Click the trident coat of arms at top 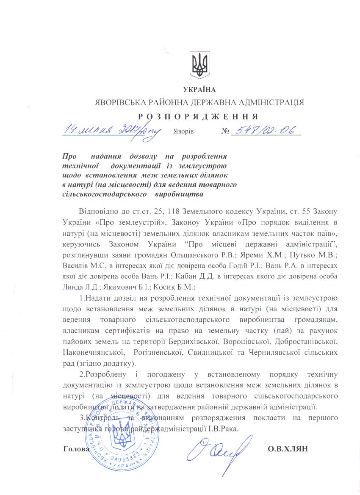point(199,65)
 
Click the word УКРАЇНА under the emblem point(199,89)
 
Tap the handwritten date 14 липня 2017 point(112,129)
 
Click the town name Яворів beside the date point(183,131)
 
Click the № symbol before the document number point(225,131)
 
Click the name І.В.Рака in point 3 point(226,428)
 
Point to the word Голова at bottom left point(76,448)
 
